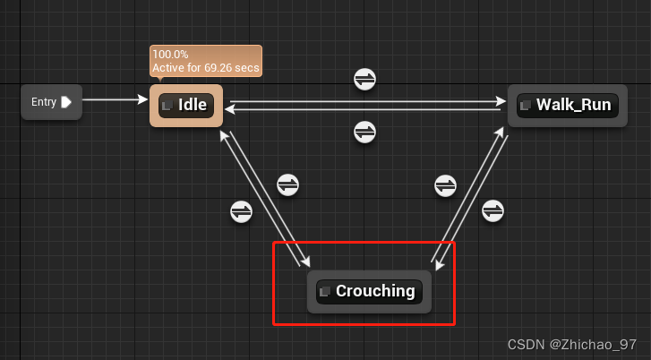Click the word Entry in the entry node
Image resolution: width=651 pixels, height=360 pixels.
(x=43, y=102)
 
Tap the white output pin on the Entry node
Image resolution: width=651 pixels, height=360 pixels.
(x=66, y=102)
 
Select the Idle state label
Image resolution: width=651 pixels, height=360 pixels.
(x=193, y=105)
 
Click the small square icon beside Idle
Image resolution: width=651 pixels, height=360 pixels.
(x=167, y=106)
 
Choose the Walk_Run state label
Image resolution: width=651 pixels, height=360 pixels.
(x=573, y=105)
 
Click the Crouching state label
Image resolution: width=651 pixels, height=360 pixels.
(x=375, y=291)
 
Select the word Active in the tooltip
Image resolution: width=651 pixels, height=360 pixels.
(x=168, y=68)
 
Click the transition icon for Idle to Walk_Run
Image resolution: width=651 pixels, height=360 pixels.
(x=364, y=79)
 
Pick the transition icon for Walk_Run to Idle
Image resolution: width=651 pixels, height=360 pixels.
(x=364, y=132)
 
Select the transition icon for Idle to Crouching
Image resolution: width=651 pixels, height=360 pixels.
(x=287, y=185)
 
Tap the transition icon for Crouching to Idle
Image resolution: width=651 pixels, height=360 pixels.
(x=242, y=211)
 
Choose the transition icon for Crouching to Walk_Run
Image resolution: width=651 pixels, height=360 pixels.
(x=445, y=185)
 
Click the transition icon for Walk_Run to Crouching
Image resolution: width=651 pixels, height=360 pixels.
(x=493, y=211)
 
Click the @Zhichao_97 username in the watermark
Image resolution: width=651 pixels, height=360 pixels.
(x=595, y=345)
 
